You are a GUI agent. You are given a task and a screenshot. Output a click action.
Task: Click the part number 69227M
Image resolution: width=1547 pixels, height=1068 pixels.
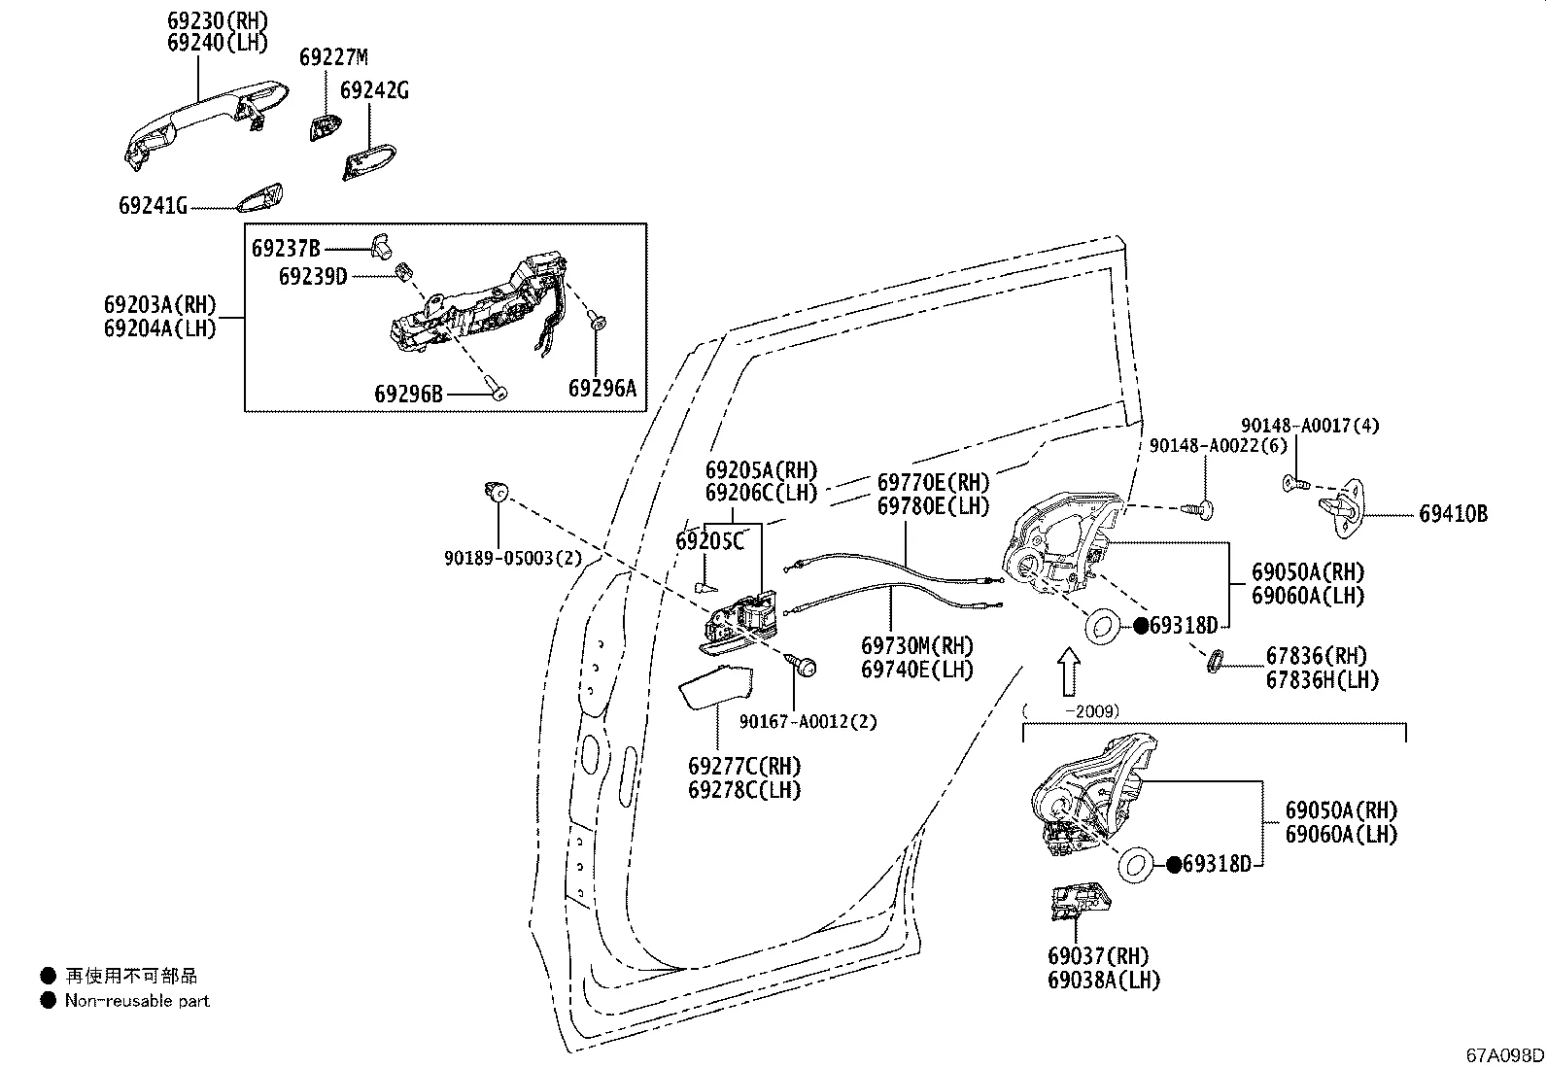[x=333, y=57]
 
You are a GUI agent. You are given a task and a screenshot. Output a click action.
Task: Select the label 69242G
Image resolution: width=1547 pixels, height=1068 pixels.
[x=374, y=90]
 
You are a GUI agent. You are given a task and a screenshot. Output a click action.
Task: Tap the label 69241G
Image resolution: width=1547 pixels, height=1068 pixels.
[x=153, y=206]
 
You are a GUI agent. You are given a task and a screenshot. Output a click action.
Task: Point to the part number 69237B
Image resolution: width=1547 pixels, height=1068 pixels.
[x=286, y=248]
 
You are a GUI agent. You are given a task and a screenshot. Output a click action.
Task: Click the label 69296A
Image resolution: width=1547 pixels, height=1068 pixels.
[x=602, y=389]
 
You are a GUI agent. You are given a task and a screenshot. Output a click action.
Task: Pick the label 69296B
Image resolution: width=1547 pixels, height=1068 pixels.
[x=408, y=394]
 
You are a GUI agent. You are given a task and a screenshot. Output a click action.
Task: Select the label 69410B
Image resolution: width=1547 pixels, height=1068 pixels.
[x=1453, y=515]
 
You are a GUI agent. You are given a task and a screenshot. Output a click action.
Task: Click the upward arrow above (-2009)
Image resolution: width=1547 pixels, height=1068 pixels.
[x=1068, y=672]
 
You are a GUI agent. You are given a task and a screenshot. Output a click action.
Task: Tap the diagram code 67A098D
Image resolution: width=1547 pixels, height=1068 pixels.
[x=1505, y=1055]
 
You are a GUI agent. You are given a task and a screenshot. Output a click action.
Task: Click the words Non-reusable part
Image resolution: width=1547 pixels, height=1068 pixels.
[x=137, y=1000]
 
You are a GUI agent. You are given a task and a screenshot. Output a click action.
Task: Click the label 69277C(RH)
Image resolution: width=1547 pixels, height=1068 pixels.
[x=744, y=766]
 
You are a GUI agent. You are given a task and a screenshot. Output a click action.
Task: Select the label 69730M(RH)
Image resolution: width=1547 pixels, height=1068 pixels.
[x=917, y=645]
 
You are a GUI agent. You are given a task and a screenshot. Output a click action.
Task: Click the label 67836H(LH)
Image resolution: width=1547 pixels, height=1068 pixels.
[x=1322, y=680]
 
